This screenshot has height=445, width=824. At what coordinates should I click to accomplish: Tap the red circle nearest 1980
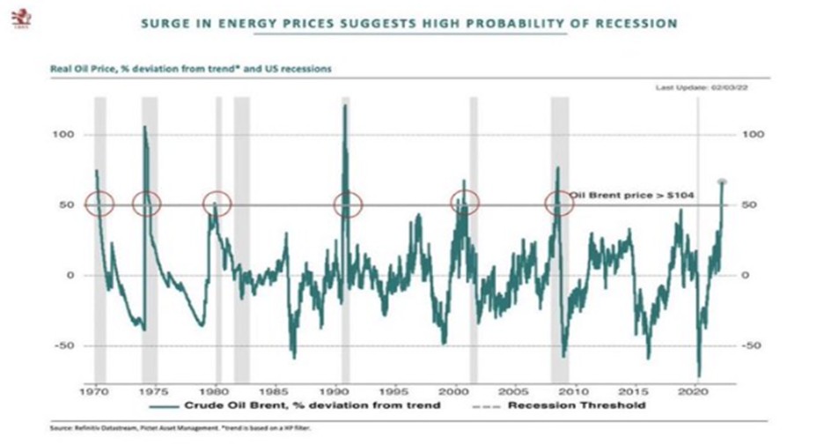(x=216, y=204)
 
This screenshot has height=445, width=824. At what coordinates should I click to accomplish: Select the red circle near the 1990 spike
(x=349, y=204)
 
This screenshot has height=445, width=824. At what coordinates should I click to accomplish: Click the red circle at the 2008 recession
(x=558, y=204)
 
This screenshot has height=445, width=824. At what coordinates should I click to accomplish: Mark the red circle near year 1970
(x=99, y=204)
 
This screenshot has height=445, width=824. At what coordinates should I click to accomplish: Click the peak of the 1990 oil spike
(x=345, y=106)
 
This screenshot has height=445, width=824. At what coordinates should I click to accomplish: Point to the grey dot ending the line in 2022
(x=722, y=182)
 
